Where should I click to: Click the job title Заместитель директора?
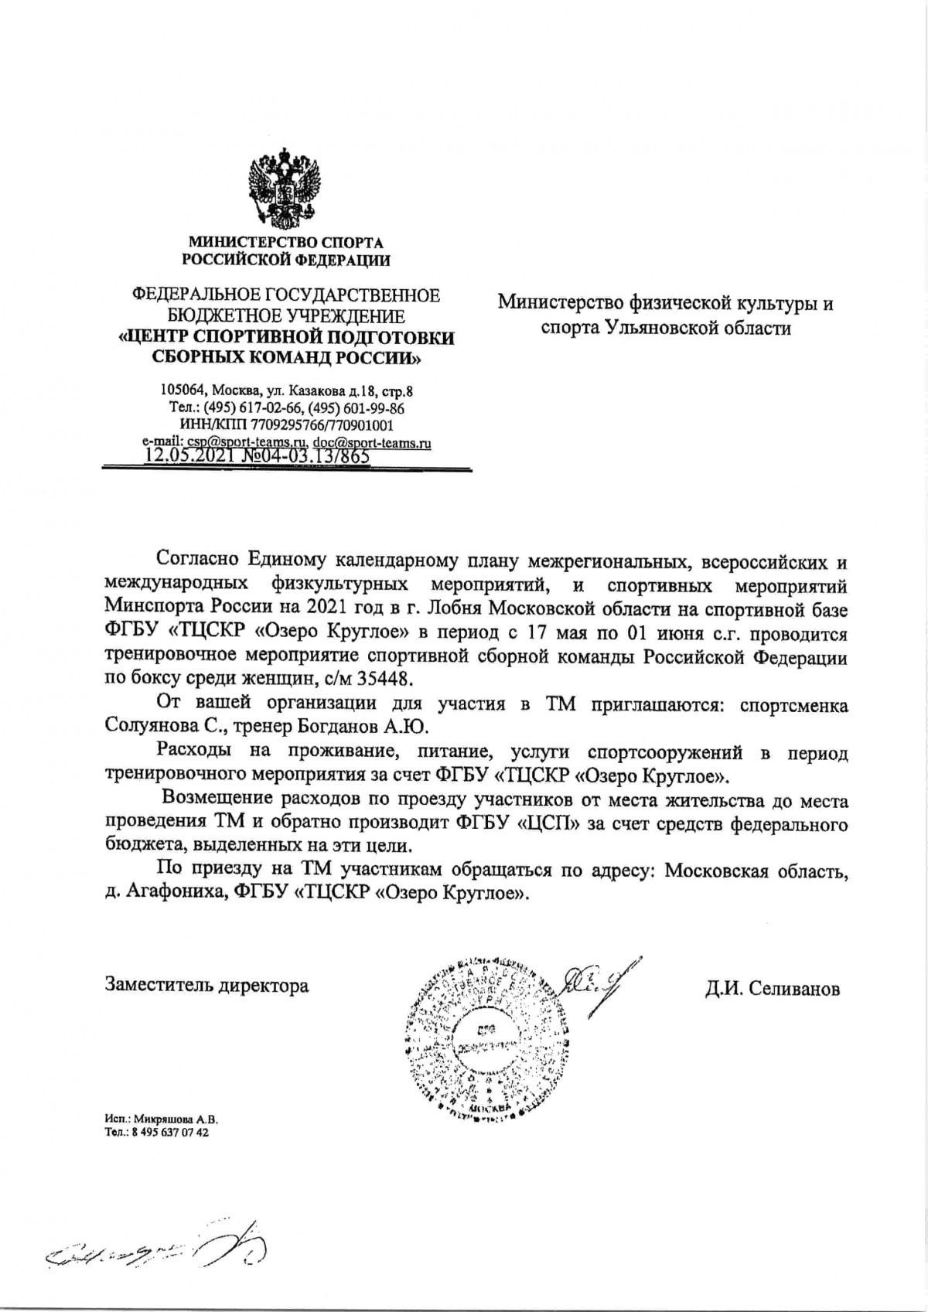click(x=206, y=987)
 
